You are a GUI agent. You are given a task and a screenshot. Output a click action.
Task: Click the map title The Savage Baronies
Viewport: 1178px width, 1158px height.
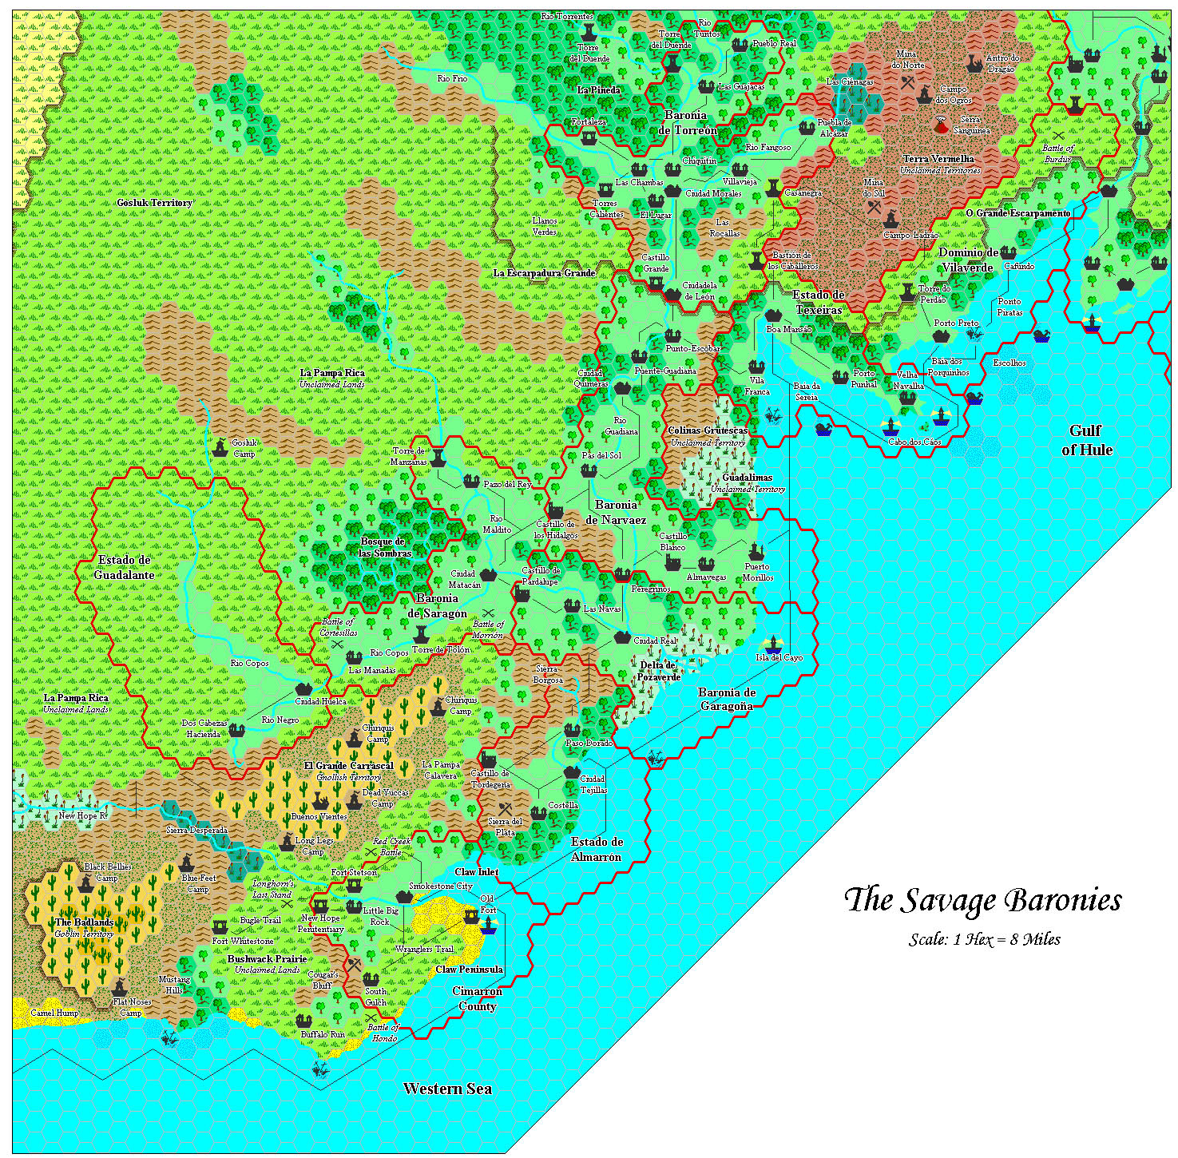point(982,900)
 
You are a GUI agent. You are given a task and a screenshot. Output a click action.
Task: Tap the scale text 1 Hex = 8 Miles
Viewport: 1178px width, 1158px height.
point(984,939)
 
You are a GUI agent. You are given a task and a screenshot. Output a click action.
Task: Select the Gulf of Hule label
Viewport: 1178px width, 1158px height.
point(1086,440)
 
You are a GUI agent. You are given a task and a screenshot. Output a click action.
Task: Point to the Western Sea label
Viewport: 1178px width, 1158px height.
point(447,1089)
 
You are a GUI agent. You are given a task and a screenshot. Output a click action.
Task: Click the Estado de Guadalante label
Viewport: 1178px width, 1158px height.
point(125,567)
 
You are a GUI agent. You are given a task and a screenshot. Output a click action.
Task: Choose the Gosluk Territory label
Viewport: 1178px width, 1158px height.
point(155,203)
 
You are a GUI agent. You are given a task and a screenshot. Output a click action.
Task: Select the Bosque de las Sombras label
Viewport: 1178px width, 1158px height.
point(384,547)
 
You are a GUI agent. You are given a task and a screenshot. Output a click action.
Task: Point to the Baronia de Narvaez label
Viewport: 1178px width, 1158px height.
point(616,512)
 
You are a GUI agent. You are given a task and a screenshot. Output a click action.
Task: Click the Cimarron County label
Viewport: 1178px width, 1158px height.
point(477,998)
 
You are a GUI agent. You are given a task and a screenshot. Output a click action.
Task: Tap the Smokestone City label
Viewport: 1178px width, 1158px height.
point(440,886)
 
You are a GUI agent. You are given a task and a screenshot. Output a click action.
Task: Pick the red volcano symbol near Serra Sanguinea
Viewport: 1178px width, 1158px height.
point(943,125)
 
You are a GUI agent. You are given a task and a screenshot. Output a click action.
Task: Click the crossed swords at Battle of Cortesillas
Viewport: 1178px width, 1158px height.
point(337,644)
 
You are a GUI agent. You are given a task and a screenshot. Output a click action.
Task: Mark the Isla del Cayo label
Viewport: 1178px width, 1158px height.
point(779,657)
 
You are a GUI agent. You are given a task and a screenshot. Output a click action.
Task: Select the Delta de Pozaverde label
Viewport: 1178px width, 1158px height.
point(659,671)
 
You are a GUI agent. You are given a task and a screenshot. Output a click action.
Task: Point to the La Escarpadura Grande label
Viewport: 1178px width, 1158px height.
point(544,273)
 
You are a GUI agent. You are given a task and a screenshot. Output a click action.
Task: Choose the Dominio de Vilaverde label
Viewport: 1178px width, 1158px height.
point(968,260)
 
